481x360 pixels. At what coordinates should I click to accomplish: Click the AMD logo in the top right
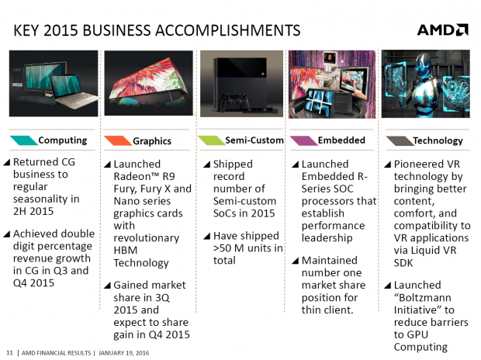[x=442, y=29]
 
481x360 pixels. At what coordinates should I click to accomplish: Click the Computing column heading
[x=63, y=140]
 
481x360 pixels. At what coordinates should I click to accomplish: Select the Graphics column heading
[x=152, y=141]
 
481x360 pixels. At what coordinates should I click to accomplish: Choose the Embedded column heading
[x=341, y=140]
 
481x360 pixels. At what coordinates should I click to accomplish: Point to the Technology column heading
[x=438, y=140]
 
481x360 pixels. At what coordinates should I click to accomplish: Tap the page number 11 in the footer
[x=9, y=353]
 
